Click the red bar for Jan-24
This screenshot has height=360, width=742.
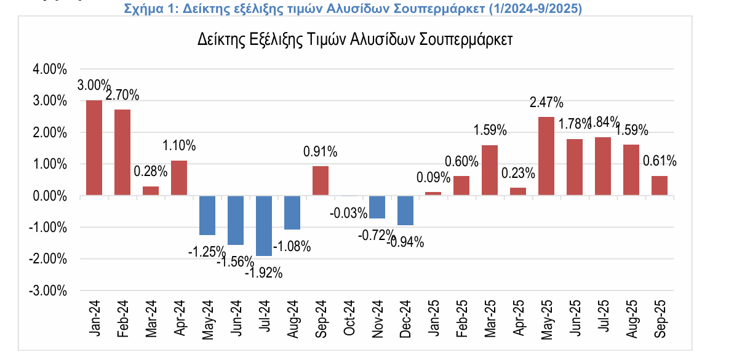click(x=94, y=148)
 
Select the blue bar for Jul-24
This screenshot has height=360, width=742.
click(x=264, y=225)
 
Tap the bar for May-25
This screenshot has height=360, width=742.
click(x=546, y=156)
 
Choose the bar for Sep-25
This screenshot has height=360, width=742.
click(x=659, y=186)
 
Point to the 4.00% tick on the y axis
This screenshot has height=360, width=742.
click(x=50, y=70)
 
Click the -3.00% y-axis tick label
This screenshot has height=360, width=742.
click(x=49, y=290)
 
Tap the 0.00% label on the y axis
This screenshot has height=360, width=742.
click(x=50, y=196)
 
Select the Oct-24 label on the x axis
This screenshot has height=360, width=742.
click(x=349, y=318)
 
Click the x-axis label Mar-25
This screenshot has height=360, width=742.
click(x=490, y=318)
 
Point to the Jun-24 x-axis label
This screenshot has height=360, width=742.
click(x=236, y=318)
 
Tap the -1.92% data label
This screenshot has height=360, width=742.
click(x=263, y=273)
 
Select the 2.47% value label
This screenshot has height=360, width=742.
click(x=546, y=102)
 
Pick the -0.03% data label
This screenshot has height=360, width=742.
click(x=348, y=214)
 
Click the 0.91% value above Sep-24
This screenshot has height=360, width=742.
click(x=320, y=151)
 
